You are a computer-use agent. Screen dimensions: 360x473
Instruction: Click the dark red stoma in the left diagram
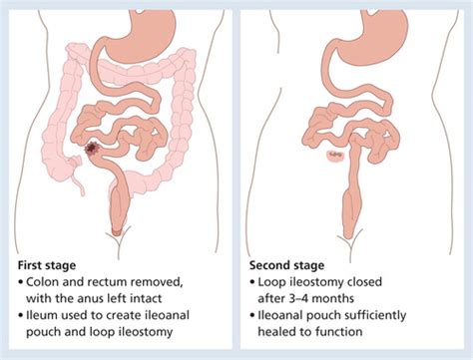[94, 150]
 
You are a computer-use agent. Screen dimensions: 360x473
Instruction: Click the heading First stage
[48, 266]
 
